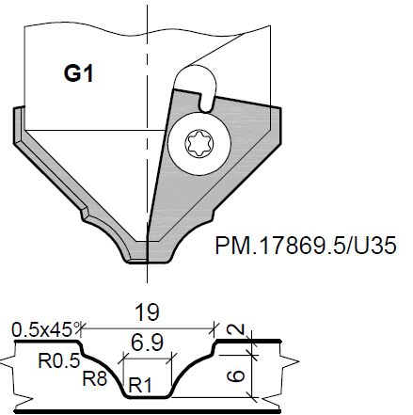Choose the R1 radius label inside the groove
pyautogui.click(x=141, y=384)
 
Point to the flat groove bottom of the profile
pyautogui.click(x=147, y=398)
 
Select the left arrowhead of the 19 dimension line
pyautogui.click(x=86, y=327)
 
